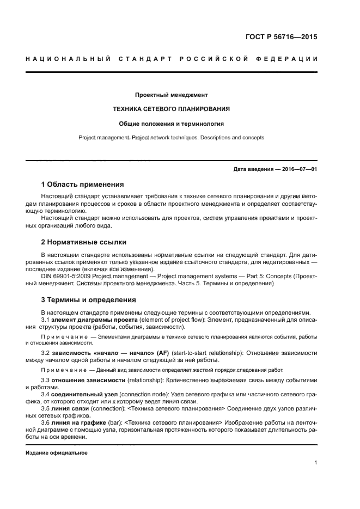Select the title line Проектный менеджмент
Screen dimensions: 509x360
(x=172, y=95)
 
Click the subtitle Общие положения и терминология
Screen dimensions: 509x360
(x=172, y=124)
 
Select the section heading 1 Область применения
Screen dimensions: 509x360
(x=82, y=184)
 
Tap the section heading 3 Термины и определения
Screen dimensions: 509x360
(x=88, y=300)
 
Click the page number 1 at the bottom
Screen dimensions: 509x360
(x=315, y=463)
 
